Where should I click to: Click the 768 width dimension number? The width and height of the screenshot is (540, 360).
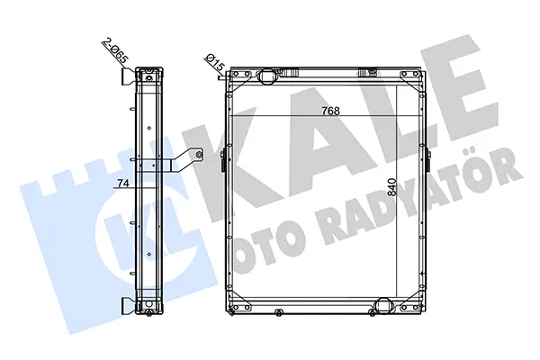330,111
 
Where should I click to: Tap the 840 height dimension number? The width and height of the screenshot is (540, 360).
391,187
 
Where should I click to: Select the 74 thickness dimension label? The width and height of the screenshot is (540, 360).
123,184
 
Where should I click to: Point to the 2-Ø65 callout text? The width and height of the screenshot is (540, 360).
115,51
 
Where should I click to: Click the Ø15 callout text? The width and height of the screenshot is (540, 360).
215,63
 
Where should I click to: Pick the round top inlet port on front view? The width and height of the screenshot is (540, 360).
266,76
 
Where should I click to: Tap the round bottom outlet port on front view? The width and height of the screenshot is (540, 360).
383,305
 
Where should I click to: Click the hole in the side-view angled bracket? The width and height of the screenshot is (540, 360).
198,155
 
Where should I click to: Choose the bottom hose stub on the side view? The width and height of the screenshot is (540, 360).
129,306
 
